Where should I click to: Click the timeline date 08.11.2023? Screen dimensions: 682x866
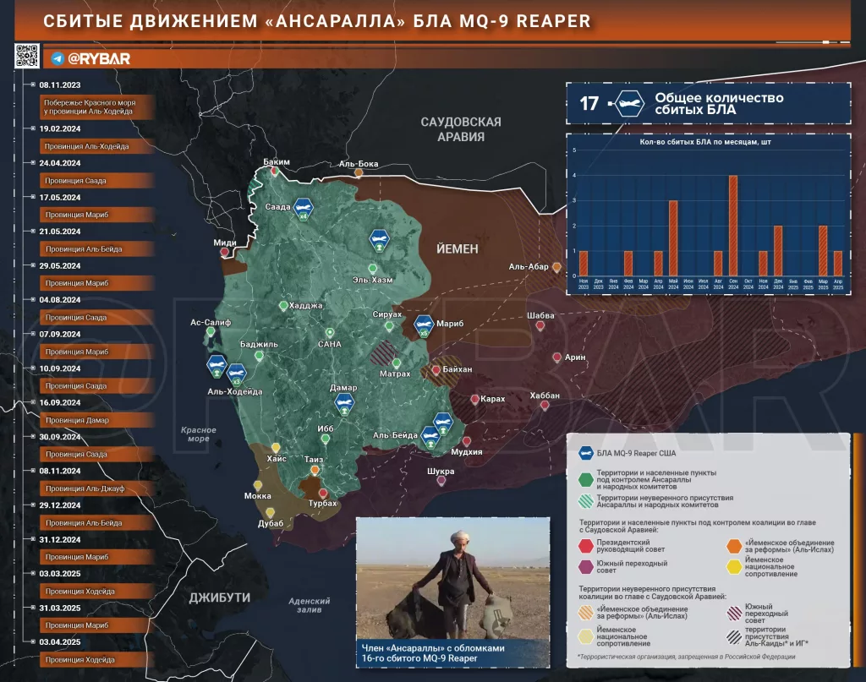pyautogui.click(x=59, y=85)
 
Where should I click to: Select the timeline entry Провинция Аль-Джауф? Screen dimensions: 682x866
pyautogui.click(x=83, y=488)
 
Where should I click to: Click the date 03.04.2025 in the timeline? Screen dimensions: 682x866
pyautogui.click(x=59, y=642)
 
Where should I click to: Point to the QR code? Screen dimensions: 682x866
pyautogui.click(x=27, y=56)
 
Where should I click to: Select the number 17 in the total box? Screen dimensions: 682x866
pyautogui.click(x=589, y=104)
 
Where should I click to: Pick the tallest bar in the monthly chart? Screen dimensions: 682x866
pyautogui.click(x=732, y=225)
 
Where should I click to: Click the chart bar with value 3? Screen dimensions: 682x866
pyautogui.click(x=673, y=237)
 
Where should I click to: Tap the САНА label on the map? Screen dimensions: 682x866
pyautogui.click(x=329, y=344)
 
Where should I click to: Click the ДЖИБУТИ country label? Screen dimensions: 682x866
pyautogui.click(x=219, y=597)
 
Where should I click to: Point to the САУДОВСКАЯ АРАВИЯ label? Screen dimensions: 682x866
pyautogui.click(x=460, y=128)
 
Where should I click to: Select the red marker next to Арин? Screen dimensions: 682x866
pyautogui.click(x=556, y=357)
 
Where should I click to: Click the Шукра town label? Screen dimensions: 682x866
pyautogui.click(x=441, y=472)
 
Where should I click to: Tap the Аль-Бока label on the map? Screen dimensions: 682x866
pyautogui.click(x=358, y=164)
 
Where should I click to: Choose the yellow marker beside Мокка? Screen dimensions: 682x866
pyautogui.click(x=257, y=485)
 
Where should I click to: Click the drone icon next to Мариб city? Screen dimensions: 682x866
pyautogui.click(x=423, y=324)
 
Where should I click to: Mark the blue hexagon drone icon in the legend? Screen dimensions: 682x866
pyautogui.click(x=585, y=453)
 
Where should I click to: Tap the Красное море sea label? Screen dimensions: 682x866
pyautogui.click(x=198, y=434)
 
